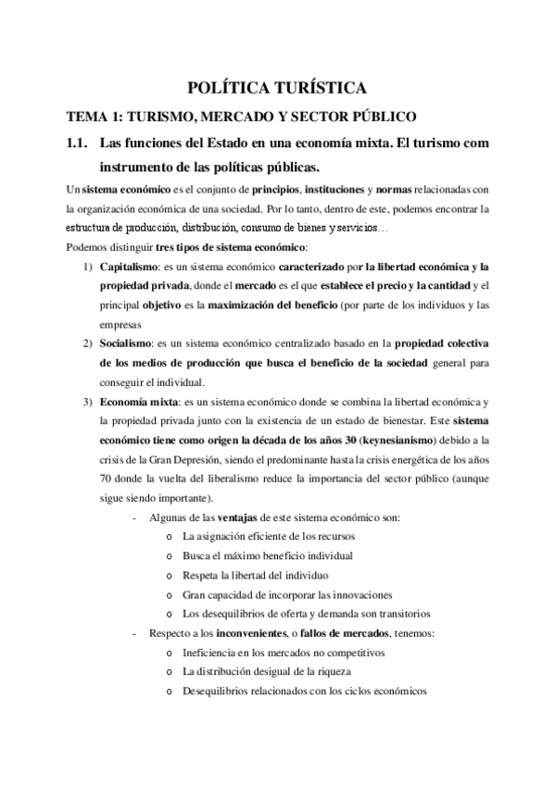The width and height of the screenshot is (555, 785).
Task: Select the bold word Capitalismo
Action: coord(129,267)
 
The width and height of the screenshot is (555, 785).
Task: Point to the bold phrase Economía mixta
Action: coord(140,401)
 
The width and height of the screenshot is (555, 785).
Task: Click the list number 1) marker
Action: coord(88,267)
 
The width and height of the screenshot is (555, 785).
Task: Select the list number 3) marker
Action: coord(88,401)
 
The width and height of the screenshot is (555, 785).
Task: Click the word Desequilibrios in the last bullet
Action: coord(222,692)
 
